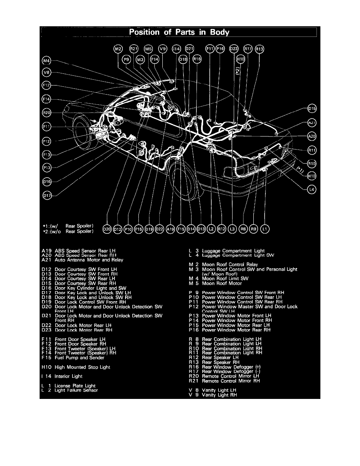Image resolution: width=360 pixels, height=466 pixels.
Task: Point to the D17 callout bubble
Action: pos(47,195)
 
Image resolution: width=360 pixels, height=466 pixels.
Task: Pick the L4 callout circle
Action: pos(312,189)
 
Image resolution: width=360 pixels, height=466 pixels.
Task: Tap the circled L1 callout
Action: pos(265,229)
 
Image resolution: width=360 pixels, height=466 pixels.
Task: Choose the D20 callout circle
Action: pos(107,229)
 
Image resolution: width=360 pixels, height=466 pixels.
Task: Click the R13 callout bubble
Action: pos(260,49)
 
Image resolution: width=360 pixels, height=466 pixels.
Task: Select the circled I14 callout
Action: pos(176,49)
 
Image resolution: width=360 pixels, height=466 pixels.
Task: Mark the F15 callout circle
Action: pos(180,229)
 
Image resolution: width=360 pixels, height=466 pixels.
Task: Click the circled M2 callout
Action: pos(118,49)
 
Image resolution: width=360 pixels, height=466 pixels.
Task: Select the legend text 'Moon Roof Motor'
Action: pos(222,283)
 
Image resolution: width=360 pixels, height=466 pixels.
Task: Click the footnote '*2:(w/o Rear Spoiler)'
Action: pos(69,231)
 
